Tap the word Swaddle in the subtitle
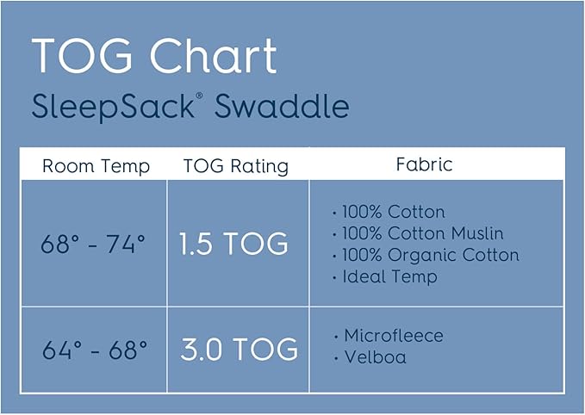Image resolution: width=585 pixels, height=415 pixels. point(282,108)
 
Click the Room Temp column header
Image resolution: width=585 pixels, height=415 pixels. point(96,166)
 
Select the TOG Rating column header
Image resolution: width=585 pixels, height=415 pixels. point(235,166)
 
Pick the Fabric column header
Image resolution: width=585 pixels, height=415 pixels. point(424,164)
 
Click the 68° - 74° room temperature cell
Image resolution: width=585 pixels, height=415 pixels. point(93,245)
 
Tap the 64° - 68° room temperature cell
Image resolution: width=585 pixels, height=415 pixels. point(95,350)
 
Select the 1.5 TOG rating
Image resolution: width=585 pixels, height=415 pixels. point(233,245)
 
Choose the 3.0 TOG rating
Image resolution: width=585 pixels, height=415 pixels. point(239,350)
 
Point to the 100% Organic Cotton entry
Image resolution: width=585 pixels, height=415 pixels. point(430,255)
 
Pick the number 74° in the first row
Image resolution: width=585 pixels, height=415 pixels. point(126,245)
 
